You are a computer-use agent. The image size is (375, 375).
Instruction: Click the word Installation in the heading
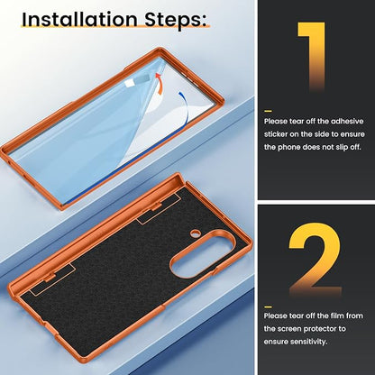[79, 20]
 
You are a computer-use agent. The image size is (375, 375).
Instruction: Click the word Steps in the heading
[176, 21]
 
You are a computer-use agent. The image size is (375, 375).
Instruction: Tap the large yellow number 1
[312, 57]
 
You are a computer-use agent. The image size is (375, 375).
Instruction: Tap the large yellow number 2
[316, 260]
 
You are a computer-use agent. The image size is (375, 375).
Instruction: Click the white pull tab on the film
[130, 83]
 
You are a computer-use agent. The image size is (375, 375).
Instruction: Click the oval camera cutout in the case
[202, 254]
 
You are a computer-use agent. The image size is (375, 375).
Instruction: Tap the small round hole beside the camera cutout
[196, 232]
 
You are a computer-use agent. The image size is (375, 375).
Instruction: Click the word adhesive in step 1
[347, 122]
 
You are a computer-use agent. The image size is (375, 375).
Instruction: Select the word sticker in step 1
[276, 134]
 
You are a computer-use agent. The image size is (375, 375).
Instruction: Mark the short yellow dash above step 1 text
[268, 111]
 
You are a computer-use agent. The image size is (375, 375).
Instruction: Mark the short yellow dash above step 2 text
[268, 307]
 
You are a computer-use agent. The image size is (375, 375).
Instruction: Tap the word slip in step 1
[340, 148]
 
